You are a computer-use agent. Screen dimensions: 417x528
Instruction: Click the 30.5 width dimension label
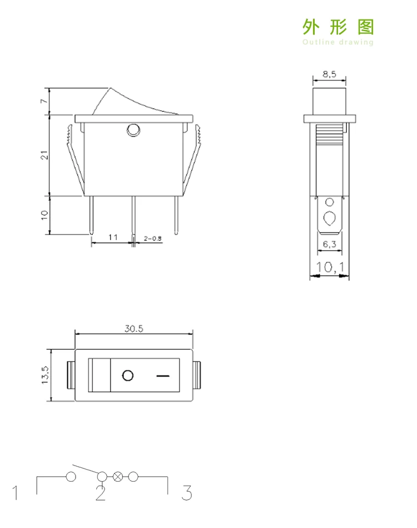(134, 328)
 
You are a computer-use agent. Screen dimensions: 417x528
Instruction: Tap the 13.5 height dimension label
(45, 375)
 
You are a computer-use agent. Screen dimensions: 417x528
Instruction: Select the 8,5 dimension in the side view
(329, 74)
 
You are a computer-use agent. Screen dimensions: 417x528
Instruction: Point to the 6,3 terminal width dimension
(329, 244)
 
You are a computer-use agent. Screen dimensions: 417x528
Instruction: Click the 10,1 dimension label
(330, 267)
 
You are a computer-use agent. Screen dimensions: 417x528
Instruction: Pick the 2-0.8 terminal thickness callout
(153, 238)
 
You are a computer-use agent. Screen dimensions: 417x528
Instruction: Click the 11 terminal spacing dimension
(113, 237)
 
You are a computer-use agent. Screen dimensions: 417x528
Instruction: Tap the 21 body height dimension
(44, 155)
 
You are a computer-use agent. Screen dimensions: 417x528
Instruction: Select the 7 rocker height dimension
(44, 101)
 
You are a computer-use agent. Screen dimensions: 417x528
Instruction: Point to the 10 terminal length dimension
(44, 215)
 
